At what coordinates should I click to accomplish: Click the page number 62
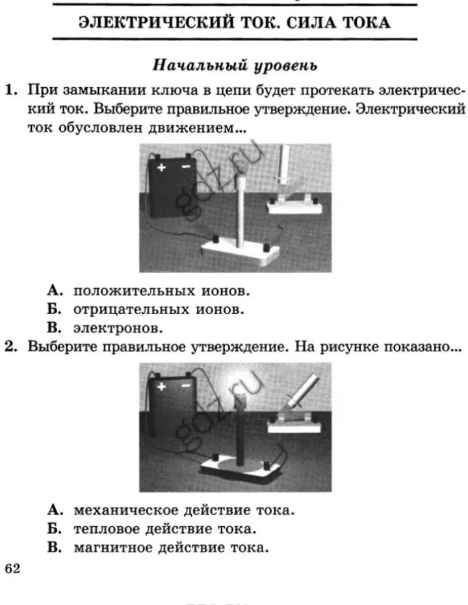[12, 569]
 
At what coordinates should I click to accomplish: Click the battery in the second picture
[170, 406]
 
